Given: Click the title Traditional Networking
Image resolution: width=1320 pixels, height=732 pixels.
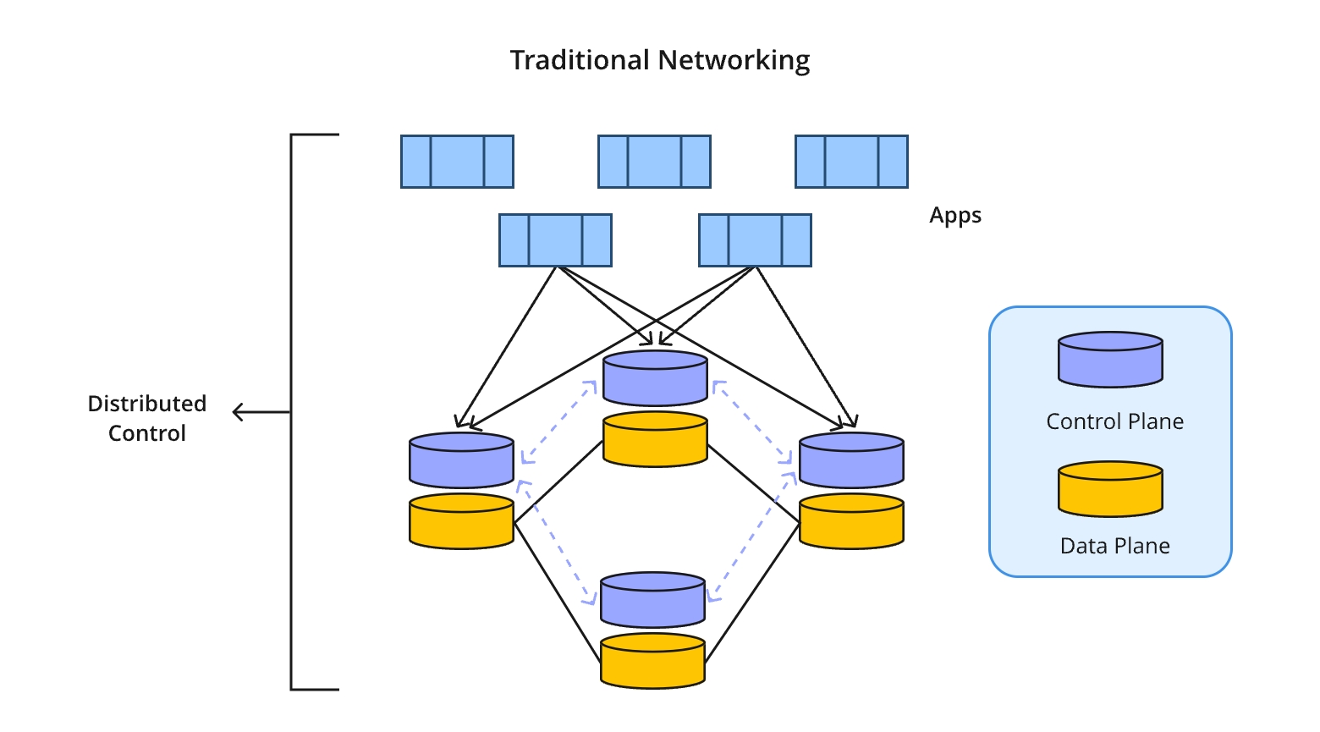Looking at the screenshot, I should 660,60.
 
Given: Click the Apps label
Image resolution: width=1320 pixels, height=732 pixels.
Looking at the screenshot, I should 955,215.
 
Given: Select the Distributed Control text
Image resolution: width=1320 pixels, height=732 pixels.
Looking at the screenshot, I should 147,418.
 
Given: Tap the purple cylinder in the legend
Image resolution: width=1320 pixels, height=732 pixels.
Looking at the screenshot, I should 1110,360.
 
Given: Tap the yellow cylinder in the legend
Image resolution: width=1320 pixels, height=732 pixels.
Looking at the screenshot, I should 1110,489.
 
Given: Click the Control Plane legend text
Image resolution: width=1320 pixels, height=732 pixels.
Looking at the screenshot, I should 1114,421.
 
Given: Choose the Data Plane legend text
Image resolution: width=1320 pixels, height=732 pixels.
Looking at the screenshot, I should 1114,546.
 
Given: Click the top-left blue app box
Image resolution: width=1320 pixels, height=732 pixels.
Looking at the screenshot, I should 457,161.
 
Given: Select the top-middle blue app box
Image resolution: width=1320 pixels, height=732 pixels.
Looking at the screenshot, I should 654,161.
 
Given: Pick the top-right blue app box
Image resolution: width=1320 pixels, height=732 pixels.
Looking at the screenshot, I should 851,161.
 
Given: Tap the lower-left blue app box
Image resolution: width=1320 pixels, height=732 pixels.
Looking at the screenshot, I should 555,240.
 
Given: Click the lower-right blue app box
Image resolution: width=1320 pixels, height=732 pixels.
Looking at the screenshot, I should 755,240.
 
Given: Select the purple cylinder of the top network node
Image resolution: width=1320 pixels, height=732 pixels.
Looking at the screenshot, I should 655,378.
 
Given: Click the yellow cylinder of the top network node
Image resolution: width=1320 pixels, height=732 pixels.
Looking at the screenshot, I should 655,440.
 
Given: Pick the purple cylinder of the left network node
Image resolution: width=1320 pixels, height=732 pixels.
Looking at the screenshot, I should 461,460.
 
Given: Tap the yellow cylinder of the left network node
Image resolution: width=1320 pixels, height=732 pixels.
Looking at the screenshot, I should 461,522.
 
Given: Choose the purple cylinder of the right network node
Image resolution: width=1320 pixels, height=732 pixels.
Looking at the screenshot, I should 851,460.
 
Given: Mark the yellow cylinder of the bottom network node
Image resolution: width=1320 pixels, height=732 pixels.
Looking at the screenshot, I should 652,662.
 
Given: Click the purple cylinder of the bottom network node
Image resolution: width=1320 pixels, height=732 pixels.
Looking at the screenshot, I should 652,600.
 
